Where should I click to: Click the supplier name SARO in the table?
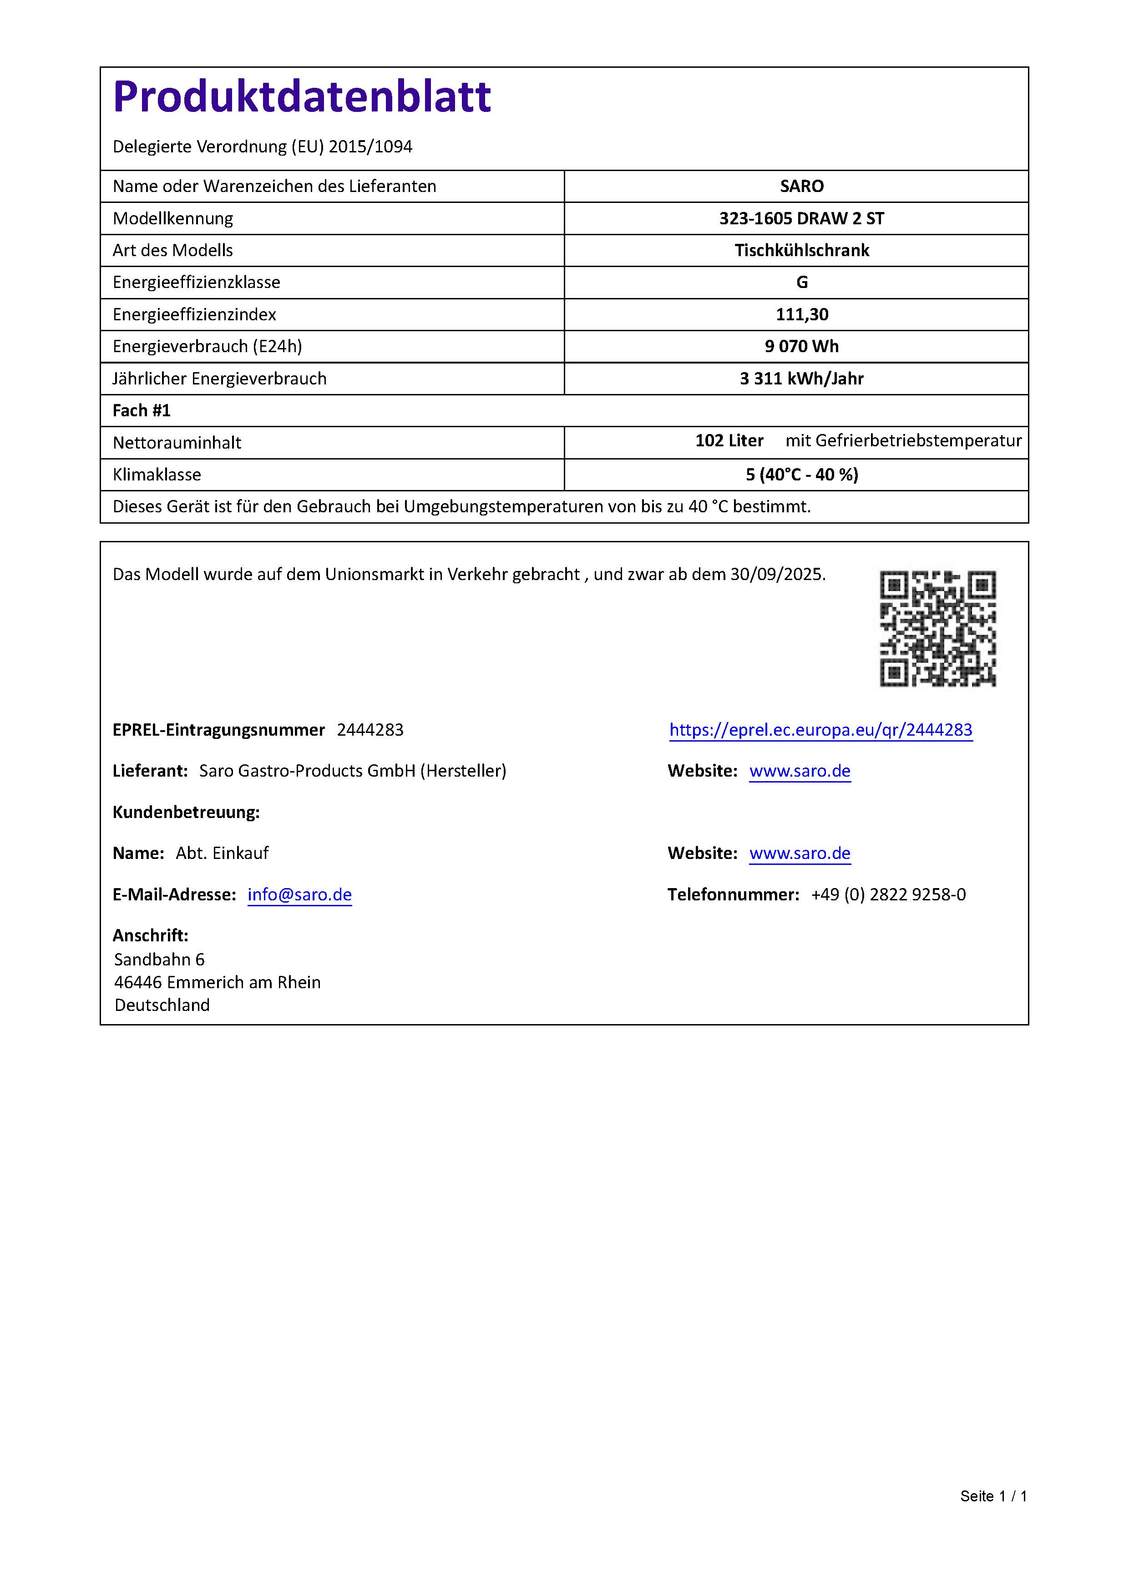801,186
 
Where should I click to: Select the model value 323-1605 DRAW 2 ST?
801,218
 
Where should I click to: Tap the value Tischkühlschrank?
801,250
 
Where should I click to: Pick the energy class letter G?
801,282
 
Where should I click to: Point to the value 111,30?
801,314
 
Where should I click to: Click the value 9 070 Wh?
801,346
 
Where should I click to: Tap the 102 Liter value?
729,441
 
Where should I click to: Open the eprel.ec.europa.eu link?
820,729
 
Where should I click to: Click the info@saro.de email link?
299,894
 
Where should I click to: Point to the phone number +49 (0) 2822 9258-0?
888,894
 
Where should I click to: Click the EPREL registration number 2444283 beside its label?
370,729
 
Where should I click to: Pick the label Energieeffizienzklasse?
196,282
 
